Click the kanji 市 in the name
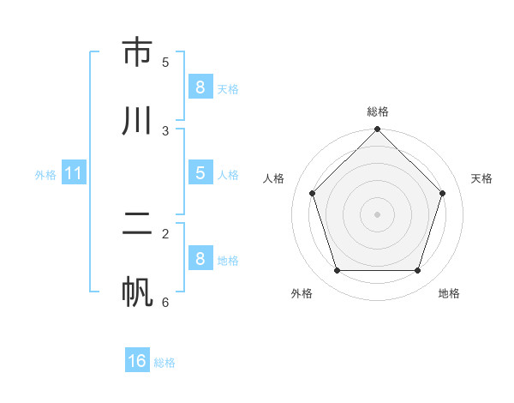[137, 52]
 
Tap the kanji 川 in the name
[137, 121]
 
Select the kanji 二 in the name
[137, 225]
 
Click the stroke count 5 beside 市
[165, 62]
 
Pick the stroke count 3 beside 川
[165, 130]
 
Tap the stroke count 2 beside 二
[165, 233]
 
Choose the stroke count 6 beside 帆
[165, 302]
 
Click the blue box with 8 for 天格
[200, 87]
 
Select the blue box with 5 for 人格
[200, 172]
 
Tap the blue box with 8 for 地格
[200, 258]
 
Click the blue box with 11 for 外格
[74, 173]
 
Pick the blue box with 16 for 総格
[137, 361]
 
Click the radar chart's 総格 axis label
[377, 111]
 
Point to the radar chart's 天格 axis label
[481, 178]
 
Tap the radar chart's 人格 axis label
[274, 178]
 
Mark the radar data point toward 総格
[377, 130]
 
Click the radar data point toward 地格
[418, 271]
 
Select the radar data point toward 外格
[337, 271]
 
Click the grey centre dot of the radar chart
[377, 214]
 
